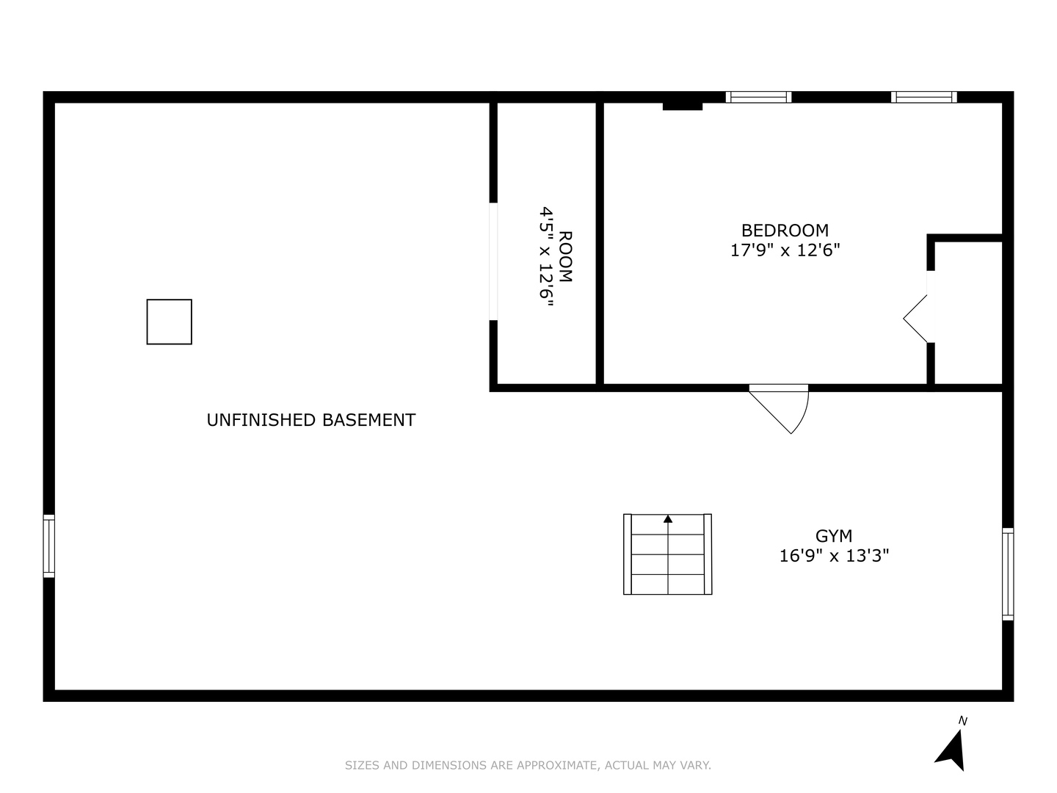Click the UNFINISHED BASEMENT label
(x=310, y=420)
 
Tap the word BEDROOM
(x=785, y=231)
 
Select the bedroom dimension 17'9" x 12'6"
(x=785, y=250)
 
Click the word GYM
(x=834, y=536)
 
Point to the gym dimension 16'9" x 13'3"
(x=834, y=556)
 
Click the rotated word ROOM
(x=565, y=256)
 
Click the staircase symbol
(x=667, y=554)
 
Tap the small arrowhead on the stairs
(x=668, y=519)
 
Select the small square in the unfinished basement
(x=169, y=322)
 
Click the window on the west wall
(x=49, y=546)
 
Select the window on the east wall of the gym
(x=1008, y=574)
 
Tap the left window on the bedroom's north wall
(x=758, y=97)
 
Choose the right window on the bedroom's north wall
(x=923, y=97)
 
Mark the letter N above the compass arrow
(x=963, y=721)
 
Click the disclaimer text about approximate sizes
(x=528, y=765)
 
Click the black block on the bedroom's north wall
(x=683, y=106)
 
